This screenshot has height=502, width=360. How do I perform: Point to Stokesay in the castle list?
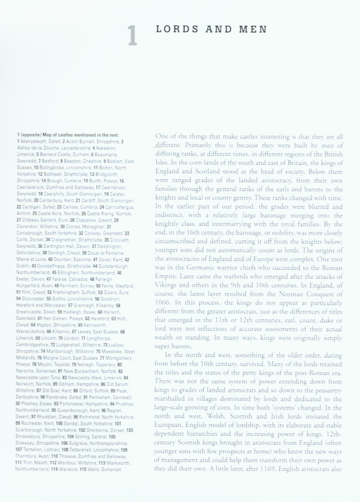click(26, 443)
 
